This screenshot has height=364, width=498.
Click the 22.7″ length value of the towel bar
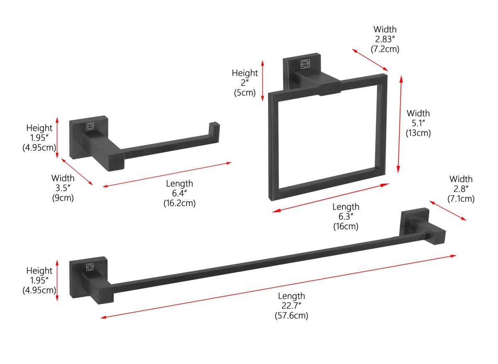point(291,306)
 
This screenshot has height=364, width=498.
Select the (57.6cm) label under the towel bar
point(291,316)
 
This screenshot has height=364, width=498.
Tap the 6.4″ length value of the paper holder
point(179,193)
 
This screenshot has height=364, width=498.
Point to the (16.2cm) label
point(179,203)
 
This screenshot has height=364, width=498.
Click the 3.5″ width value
point(63,188)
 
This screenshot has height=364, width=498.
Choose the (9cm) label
point(63,198)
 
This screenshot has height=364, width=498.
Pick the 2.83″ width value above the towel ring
point(385,39)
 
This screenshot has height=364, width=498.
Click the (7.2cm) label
point(385,49)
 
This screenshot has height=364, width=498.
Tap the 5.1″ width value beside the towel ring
point(418,123)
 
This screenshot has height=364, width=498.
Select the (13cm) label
point(418,133)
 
